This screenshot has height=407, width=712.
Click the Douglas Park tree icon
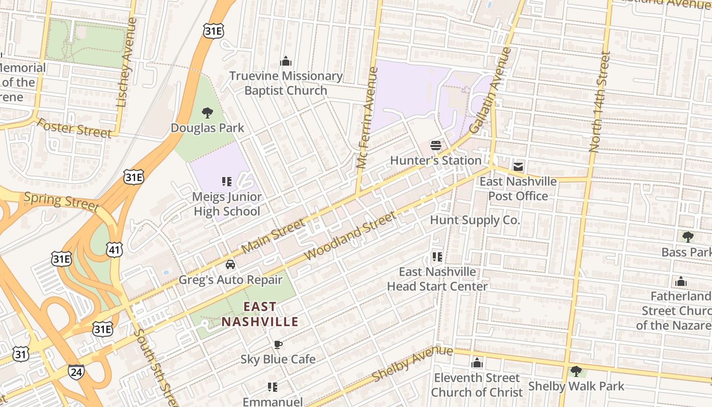click(x=207, y=112)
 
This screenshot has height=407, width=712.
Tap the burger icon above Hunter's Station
click(x=435, y=146)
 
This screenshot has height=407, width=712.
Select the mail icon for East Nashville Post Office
click(x=518, y=166)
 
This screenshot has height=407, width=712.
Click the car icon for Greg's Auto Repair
click(x=230, y=265)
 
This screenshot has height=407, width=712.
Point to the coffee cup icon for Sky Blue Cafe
click(x=278, y=344)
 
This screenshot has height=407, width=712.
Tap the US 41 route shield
click(x=114, y=249)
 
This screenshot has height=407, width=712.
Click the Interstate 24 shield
click(x=76, y=372)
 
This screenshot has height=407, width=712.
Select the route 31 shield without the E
click(x=21, y=355)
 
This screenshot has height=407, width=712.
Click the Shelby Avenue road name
click(x=412, y=364)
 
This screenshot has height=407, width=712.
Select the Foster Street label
click(x=74, y=128)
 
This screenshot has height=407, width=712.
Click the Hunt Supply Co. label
click(x=474, y=220)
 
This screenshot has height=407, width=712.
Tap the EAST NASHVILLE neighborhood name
click(x=260, y=314)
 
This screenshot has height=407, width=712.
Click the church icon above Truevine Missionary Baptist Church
click(x=286, y=62)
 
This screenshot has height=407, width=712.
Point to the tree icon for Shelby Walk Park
click(x=576, y=371)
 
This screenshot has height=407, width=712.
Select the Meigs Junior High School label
click(x=226, y=203)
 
